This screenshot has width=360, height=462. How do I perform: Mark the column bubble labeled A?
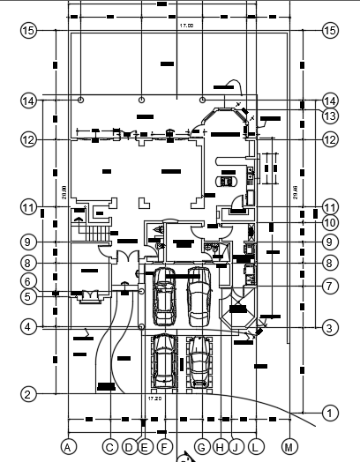click(67, 447)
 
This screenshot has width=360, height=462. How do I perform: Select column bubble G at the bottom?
click(202, 447)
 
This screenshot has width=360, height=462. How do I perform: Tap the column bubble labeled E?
click(144, 447)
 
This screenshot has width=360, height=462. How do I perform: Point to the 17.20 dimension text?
click(154, 399)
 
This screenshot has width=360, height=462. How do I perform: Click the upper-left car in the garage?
click(164, 298)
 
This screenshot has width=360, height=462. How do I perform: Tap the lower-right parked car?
click(200, 361)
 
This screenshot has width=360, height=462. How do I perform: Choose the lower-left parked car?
click(164, 361)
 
